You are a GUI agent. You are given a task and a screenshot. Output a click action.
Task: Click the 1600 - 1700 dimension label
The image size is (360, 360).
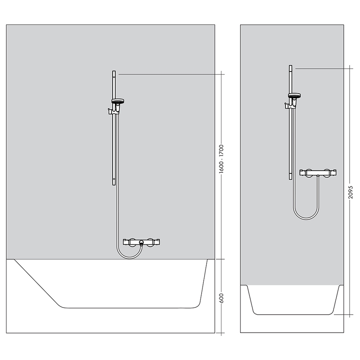point(221,163)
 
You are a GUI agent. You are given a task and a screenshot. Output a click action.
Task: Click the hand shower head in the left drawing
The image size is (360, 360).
point(118,101)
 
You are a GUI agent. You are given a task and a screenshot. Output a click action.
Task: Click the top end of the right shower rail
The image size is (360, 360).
point(290,67)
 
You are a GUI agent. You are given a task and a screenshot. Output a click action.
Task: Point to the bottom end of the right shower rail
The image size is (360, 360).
point(290,177)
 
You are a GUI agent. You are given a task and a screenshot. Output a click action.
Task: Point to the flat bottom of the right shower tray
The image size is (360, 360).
point(294,314)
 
